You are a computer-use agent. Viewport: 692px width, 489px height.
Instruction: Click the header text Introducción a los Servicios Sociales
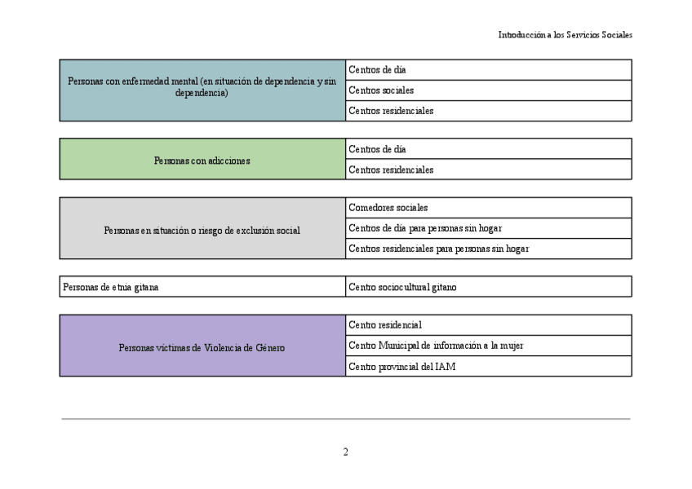pos(565,35)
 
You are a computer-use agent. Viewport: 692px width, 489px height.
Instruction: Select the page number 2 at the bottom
pos(345,452)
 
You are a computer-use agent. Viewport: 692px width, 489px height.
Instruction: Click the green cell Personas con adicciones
pos(202,160)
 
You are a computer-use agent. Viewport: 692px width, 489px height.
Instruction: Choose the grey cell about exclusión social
pos(202,230)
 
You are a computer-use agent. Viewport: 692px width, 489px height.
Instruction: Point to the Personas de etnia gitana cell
pos(202,287)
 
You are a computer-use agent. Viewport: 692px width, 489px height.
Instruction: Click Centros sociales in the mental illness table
pos(488,90)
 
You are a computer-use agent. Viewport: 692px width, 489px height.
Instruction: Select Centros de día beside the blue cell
pos(488,70)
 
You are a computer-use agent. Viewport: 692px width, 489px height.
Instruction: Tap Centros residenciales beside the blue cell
pos(488,111)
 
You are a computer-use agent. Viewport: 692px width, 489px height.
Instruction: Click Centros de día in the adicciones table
pos(488,149)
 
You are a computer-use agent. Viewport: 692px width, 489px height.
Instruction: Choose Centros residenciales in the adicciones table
pos(488,170)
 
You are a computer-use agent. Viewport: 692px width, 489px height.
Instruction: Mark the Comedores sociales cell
pos(488,208)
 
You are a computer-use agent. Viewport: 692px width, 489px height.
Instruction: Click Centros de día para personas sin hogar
pos(488,228)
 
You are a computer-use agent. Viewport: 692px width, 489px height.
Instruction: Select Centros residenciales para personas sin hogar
pos(488,249)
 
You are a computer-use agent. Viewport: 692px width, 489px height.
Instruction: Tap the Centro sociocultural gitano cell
pos(488,287)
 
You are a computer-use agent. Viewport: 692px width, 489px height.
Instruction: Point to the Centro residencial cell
pos(488,325)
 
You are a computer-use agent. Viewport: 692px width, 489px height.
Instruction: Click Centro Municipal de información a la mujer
pos(488,346)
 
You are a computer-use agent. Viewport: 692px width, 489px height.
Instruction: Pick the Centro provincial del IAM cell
pos(488,366)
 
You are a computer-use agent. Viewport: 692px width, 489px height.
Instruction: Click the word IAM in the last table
pos(445,367)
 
